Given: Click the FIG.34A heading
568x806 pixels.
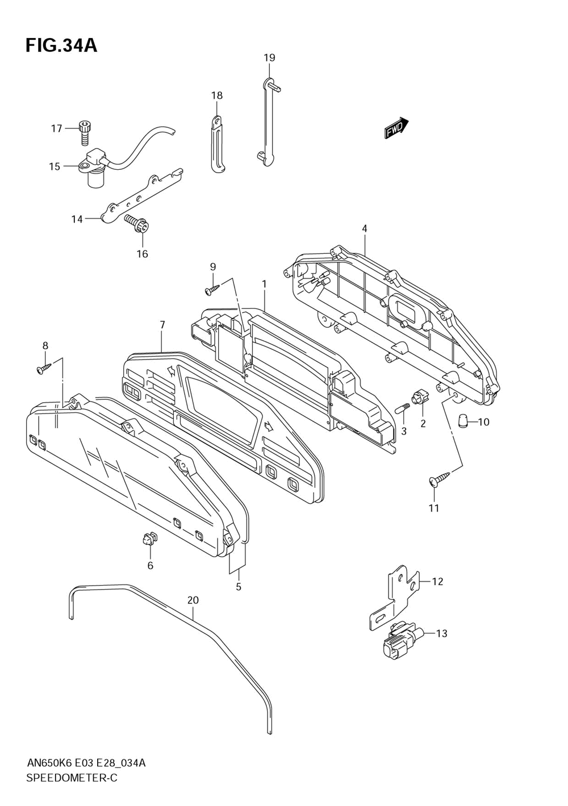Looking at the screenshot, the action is [61, 46].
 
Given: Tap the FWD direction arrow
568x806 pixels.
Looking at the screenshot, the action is [396, 128].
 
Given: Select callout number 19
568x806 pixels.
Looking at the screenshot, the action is [269, 57].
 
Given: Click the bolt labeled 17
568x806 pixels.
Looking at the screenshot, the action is [83, 132].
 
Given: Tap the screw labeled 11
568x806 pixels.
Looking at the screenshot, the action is [440, 479].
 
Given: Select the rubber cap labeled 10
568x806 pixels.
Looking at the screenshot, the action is [463, 421].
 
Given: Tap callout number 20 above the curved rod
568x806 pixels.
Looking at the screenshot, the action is [193, 600].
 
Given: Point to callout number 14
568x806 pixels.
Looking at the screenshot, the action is [77, 219].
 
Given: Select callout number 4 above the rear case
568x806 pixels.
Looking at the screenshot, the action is [365, 228].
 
